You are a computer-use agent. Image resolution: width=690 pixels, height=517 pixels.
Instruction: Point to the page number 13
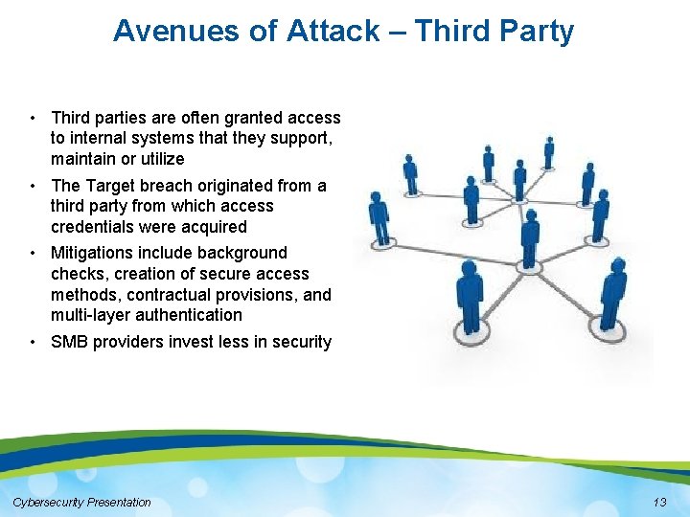(658, 503)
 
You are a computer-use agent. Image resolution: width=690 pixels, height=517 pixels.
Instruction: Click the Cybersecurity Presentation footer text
(81, 503)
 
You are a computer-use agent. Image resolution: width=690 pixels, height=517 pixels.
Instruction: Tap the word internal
(103, 139)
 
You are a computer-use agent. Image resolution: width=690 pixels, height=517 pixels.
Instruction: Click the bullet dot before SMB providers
(33, 342)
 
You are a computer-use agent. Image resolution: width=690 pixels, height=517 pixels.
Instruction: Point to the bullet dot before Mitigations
(33, 253)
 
